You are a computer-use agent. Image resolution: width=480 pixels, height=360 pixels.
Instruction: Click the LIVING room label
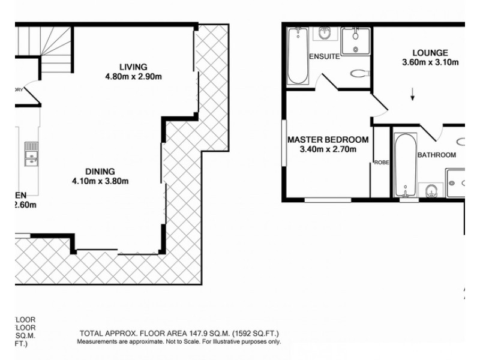pyautogui.click(x=133, y=67)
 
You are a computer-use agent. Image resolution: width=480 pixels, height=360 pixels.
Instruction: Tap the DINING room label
pyautogui.click(x=100, y=171)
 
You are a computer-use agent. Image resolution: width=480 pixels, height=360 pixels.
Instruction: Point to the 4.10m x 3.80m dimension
pyautogui.click(x=101, y=181)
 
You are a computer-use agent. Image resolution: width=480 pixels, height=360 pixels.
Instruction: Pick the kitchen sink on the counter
pyautogui.click(x=30, y=154)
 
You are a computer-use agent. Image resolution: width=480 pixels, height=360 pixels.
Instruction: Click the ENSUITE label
pyautogui.click(x=324, y=57)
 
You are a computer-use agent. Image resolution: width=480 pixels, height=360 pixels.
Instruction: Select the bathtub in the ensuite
pyautogui.click(x=297, y=56)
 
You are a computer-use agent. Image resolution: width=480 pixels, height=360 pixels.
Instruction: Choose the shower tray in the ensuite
pyautogui.click(x=356, y=41)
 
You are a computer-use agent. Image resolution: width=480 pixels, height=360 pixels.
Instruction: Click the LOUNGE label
pyautogui.click(x=430, y=53)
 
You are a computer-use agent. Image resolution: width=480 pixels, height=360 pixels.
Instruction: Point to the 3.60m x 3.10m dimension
pyautogui.click(x=430, y=62)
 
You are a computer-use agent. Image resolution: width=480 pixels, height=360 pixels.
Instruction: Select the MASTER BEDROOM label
pyautogui.click(x=328, y=140)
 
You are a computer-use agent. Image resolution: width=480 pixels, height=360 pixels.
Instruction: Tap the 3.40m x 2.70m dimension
pyautogui.click(x=328, y=149)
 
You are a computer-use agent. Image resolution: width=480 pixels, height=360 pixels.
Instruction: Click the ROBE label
pyautogui.click(x=381, y=162)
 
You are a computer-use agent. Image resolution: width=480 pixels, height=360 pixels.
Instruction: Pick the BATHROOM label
pyautogui.click(x=437, y=155)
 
